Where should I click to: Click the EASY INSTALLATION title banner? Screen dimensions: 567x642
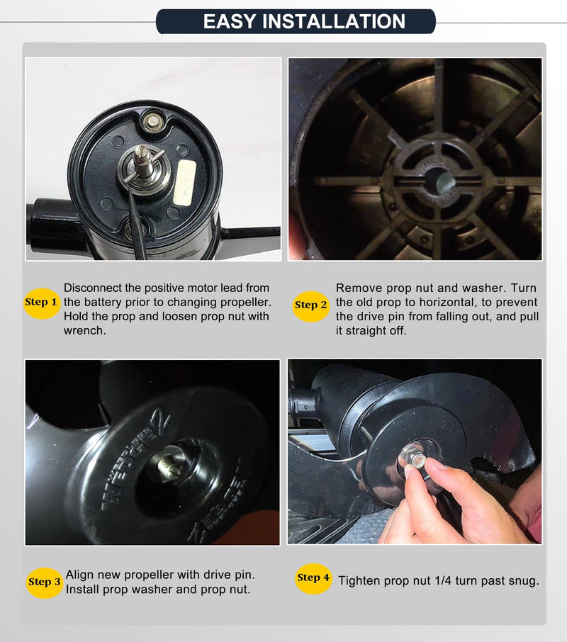coord(296,21)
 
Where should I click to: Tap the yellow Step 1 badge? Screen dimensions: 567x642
coord(41,303)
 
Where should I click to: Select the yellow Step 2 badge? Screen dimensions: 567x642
coord(311,306)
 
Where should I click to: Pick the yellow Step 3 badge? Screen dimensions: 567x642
coord(44,582)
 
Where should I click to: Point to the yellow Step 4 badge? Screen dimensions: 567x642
coord(313,578)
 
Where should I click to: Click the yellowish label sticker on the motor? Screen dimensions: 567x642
coord(185,182)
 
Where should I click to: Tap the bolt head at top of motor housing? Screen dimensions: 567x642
coord(152,121)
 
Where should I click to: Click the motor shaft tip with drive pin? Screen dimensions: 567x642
coord(142,157)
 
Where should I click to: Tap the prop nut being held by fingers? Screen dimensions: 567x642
coord(412,458)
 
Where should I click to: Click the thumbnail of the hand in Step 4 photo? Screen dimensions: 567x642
coord(433,464)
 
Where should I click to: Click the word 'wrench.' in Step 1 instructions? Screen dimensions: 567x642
coord(85,330)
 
